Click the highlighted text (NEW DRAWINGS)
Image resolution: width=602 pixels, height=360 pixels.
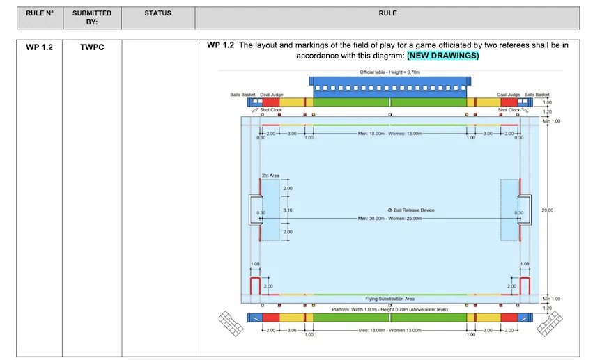(x=443, y=55)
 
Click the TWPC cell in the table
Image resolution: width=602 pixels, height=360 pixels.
(x=92, y=47)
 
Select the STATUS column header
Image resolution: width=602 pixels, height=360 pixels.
(x=158, y=13)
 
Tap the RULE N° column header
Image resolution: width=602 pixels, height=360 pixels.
(x=40, y=13)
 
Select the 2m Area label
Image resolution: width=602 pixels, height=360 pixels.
(x=270, y=175)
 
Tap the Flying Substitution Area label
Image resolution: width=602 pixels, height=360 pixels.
(x=389, y=299)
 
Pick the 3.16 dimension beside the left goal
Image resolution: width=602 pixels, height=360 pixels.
(x=287, y=210)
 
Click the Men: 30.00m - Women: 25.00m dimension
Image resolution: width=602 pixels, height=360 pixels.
(x=389, y=218)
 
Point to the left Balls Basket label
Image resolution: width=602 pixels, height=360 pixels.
(x=242, y=94)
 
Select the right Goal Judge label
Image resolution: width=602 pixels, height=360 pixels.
(x=509, y=94)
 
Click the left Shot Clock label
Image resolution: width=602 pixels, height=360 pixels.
(x=270, y=109)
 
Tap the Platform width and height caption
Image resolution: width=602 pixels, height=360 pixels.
(x=389, y=308)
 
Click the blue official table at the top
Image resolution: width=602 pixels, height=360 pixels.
(x=389, y=84)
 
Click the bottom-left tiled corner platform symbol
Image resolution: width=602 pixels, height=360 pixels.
(x=230, y=322)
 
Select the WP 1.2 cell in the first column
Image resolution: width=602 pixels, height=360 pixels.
(x=40, y=47)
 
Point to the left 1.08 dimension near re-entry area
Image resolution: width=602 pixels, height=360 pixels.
(x=255, y=264)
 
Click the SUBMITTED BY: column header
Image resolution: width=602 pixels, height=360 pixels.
(x=92, y=17)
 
